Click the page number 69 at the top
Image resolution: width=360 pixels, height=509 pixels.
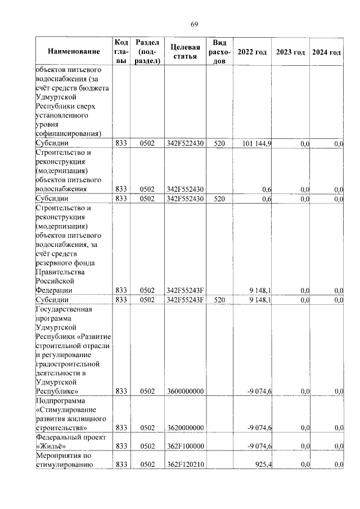[194, 24]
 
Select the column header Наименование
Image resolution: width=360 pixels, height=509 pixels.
[74, 52]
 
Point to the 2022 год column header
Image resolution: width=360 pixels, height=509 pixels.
[252, 52]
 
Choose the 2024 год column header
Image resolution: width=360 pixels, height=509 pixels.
[327, 52]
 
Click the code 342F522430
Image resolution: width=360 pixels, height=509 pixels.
[184, 144]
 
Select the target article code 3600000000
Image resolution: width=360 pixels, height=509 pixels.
[184, 391]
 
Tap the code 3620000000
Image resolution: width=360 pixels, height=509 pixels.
[184, 428]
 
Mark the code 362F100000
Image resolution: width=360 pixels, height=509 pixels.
[184, 446]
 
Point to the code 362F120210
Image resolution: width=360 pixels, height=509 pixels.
[184, 465]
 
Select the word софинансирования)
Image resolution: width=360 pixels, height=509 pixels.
[68, 134]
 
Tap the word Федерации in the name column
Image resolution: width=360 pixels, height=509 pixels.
[53, 290]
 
